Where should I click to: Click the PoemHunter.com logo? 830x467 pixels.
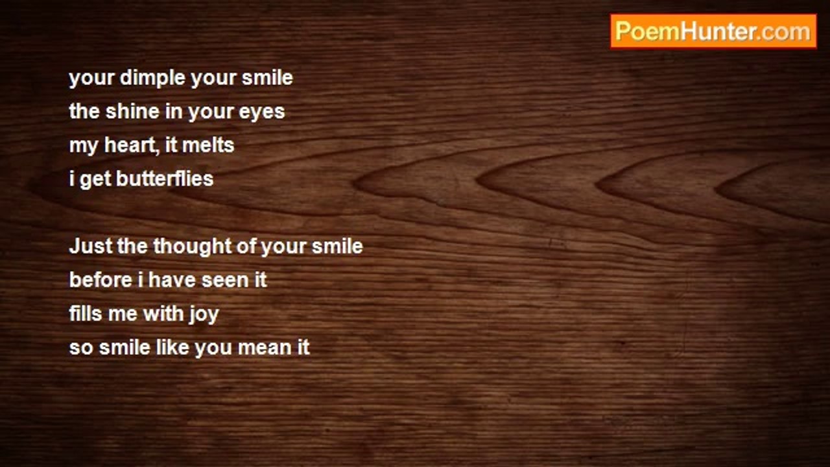coord(713,31)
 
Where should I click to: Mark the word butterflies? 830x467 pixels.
coord(165,179)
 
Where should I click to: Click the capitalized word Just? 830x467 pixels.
coord(88,246)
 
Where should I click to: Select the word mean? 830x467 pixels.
coord(261,348)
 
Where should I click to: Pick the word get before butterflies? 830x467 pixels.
coord(95,180)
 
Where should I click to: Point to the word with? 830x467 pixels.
coord(163,314)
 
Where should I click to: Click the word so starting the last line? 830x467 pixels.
coord(80,348)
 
